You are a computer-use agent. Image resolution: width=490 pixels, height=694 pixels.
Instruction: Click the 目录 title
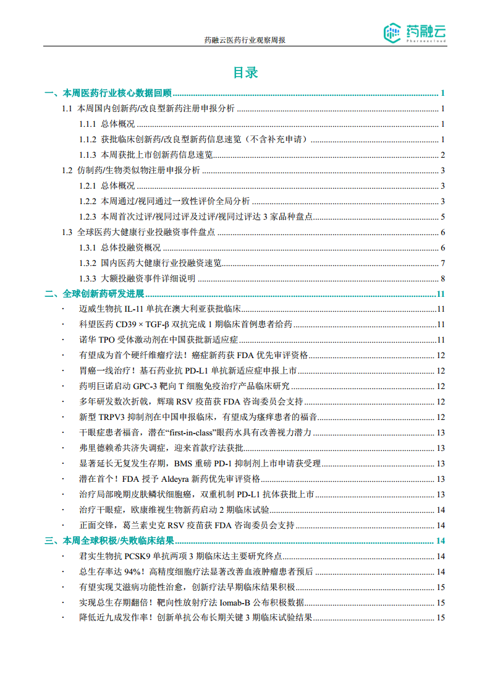[245, 72]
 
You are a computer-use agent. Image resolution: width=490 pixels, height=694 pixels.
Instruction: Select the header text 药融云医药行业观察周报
[245, 40]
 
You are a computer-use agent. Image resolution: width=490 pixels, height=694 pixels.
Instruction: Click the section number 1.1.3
[88, 155]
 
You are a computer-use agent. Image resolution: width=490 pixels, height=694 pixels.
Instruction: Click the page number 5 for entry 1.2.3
[443, 217]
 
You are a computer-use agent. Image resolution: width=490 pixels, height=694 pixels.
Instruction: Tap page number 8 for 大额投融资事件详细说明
[443, 278]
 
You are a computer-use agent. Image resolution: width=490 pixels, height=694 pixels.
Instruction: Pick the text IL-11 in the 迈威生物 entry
[135, 309]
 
